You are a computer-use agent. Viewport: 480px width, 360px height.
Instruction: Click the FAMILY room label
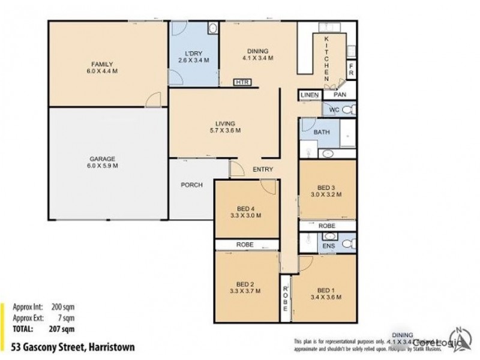pyautogui.click(x=102, y=64)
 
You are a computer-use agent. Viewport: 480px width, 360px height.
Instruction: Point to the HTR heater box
pyautogui.click(x=242, y=82)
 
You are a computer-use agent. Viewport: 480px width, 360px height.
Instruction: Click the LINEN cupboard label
pyautogui.click(x=310, y=95)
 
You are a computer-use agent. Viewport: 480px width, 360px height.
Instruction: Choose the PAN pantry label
pyautogui.click(x=339, y=95)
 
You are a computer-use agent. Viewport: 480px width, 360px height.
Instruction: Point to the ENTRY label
pyautogui.click(x=262, y=170)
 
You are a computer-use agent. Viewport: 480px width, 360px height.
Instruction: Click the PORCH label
pyautogui.click(x=191, y=185)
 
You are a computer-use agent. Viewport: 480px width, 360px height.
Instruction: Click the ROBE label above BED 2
pyautogui.click(x=246, y=245)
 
